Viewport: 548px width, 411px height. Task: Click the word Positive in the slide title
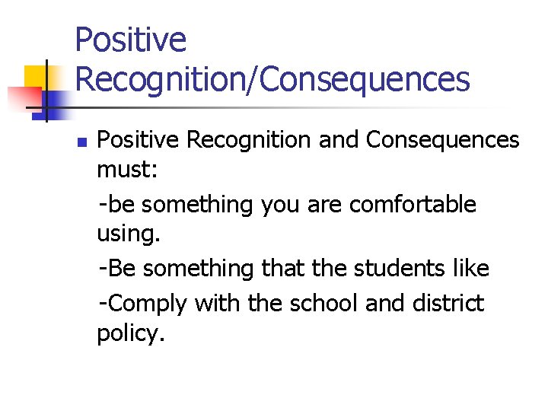(130, 40)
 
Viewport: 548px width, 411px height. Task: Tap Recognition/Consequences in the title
(272, 79)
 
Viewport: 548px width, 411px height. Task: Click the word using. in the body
(129, 234)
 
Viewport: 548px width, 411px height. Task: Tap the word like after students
(473, 268)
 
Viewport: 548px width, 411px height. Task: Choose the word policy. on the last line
(130, 333)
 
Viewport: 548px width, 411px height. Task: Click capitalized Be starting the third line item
(122, 268)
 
